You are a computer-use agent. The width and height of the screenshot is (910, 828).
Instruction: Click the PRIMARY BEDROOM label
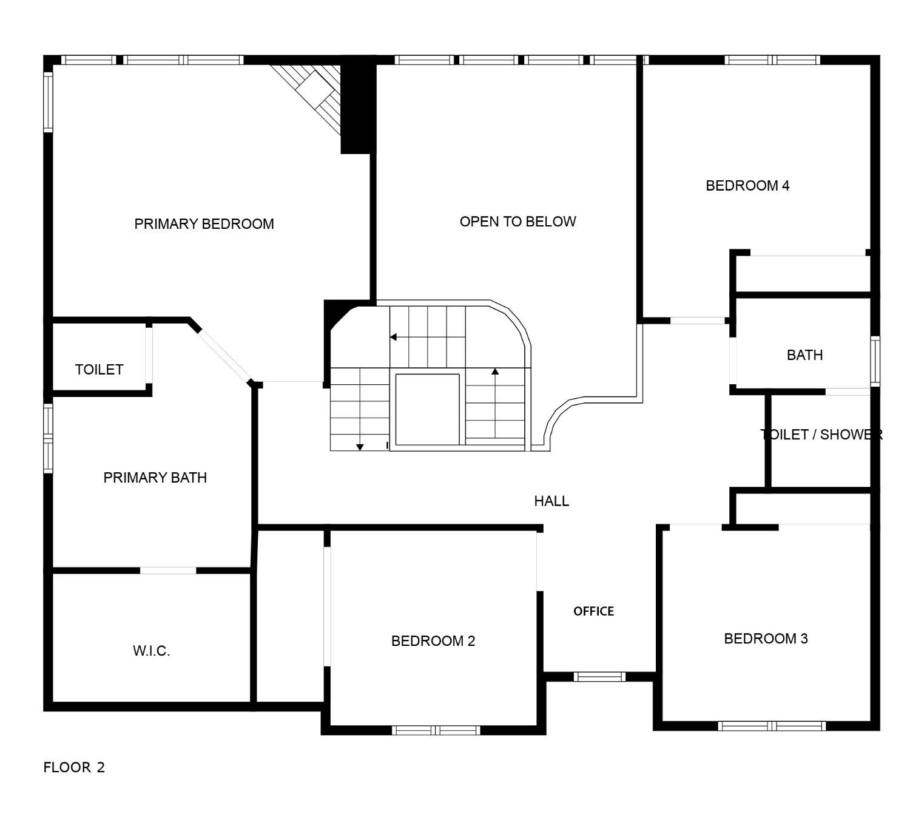[204, 224]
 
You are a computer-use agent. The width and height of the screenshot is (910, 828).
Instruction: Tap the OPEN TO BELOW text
[517, 222]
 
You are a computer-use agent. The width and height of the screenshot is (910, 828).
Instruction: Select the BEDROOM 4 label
[747, 186]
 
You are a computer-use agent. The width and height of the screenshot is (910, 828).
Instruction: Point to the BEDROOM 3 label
[766, 639]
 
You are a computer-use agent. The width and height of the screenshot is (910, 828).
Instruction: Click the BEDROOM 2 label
[433, 641]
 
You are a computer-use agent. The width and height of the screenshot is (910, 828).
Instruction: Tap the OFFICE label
[593, 611]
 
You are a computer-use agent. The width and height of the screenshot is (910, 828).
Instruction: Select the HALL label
[551, 501]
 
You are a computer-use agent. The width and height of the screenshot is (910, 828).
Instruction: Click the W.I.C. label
[151, 651]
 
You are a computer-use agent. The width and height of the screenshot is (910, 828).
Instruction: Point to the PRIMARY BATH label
[155, 478]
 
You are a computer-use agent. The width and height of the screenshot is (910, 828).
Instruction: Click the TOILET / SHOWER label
[821, 435]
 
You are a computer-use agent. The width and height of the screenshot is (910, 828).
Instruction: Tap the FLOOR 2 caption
[74, 767]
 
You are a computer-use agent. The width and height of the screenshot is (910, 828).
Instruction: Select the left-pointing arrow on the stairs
[394, 337]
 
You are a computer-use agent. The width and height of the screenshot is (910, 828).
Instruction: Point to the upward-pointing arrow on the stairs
[495, 372]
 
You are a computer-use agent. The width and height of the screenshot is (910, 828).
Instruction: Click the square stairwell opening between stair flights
[427, 409]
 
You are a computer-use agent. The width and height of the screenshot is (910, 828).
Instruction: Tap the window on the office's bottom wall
[599, 676]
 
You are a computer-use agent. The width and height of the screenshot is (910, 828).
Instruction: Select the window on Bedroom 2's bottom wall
[436, 730]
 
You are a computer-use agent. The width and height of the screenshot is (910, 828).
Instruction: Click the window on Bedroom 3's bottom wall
[772, 725]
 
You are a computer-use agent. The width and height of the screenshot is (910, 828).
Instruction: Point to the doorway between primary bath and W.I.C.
[168, 570]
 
